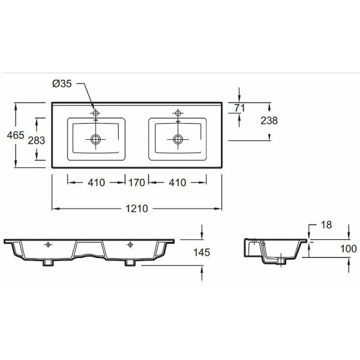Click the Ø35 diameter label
tap(62, 84)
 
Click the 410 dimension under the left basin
tap(97, 182)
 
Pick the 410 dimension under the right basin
tap(178, 182)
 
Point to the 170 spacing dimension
tap(137, 182)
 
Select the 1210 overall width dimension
tap(137, 208)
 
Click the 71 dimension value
tap(240, 108)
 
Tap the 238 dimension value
tap(269, 121)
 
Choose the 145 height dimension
tap(202, 253)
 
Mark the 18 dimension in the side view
tap(325, 225)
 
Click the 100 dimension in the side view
tap(348, 248)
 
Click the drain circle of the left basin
tap(95, 139)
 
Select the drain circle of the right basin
tap(178, 139)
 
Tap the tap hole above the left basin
tap(95, 113)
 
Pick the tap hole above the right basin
tap(178, 113)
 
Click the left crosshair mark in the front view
tap(48, 244)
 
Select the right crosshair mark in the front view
tap(130, 244)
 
